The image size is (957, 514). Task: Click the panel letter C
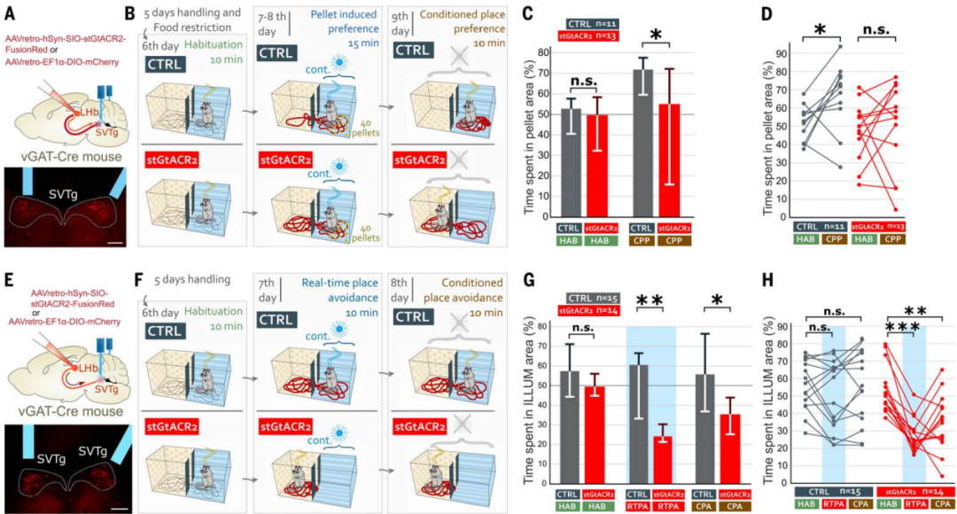(529, 15)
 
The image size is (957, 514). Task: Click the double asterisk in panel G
(645, 302)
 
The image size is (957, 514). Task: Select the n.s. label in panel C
(582, 82)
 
